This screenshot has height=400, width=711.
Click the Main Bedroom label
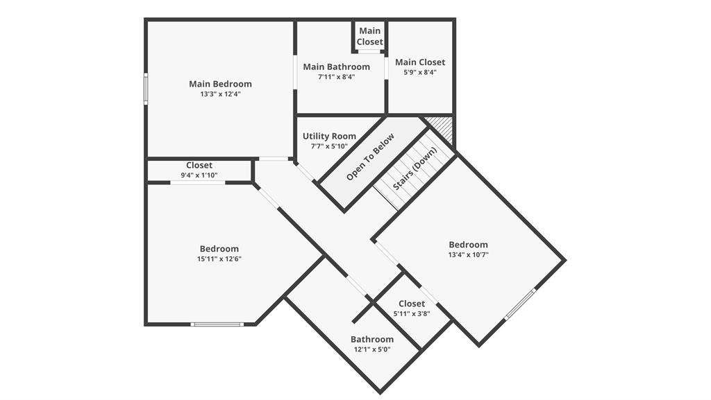point(220,84)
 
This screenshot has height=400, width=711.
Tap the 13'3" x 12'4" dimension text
point(220,94)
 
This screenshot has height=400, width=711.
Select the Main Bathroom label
point(337,67)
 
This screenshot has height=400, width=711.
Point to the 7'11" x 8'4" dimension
point(337,77)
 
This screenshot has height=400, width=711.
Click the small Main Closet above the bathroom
point(369,36)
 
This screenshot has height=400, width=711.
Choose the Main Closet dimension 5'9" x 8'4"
point(419,72)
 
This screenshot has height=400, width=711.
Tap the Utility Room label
point(329,137)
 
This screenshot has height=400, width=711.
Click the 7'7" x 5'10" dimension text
point(329,146)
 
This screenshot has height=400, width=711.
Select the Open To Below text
point(370,157)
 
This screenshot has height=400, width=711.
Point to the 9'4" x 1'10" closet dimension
point(199,175)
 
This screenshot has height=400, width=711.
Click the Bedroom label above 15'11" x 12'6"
point(219,249)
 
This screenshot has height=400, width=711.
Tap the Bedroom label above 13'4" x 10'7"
point(468,245)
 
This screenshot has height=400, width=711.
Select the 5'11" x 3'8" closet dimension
point(412,313)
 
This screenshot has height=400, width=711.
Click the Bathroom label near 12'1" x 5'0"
point(372,340)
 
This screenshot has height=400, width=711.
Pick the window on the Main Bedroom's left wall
point(146,89)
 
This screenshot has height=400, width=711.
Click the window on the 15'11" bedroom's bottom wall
point(217,324)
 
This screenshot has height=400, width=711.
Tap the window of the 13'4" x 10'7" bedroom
point(520,304)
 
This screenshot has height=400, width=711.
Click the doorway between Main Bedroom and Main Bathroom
point(295,73)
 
